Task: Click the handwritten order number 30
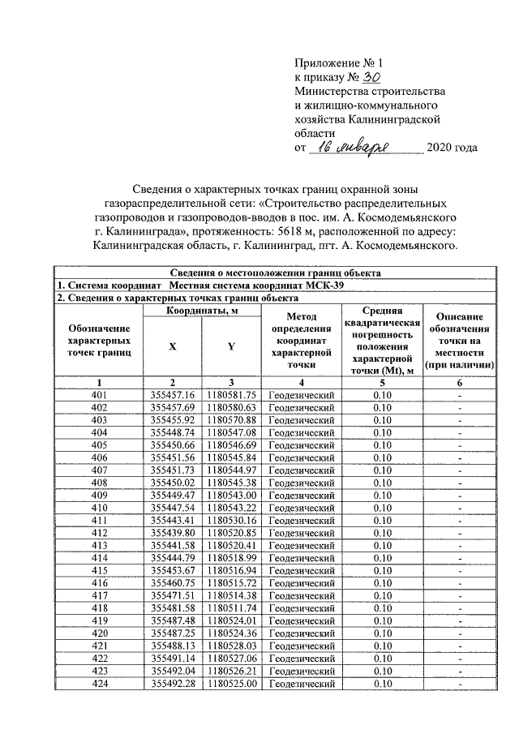coord(371,77)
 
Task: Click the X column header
coord(172,346)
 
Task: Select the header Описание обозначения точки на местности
coord(459,341)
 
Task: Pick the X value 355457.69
coord(173,407)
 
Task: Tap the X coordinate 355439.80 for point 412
coord(173,532)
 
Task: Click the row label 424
coord(100,684)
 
